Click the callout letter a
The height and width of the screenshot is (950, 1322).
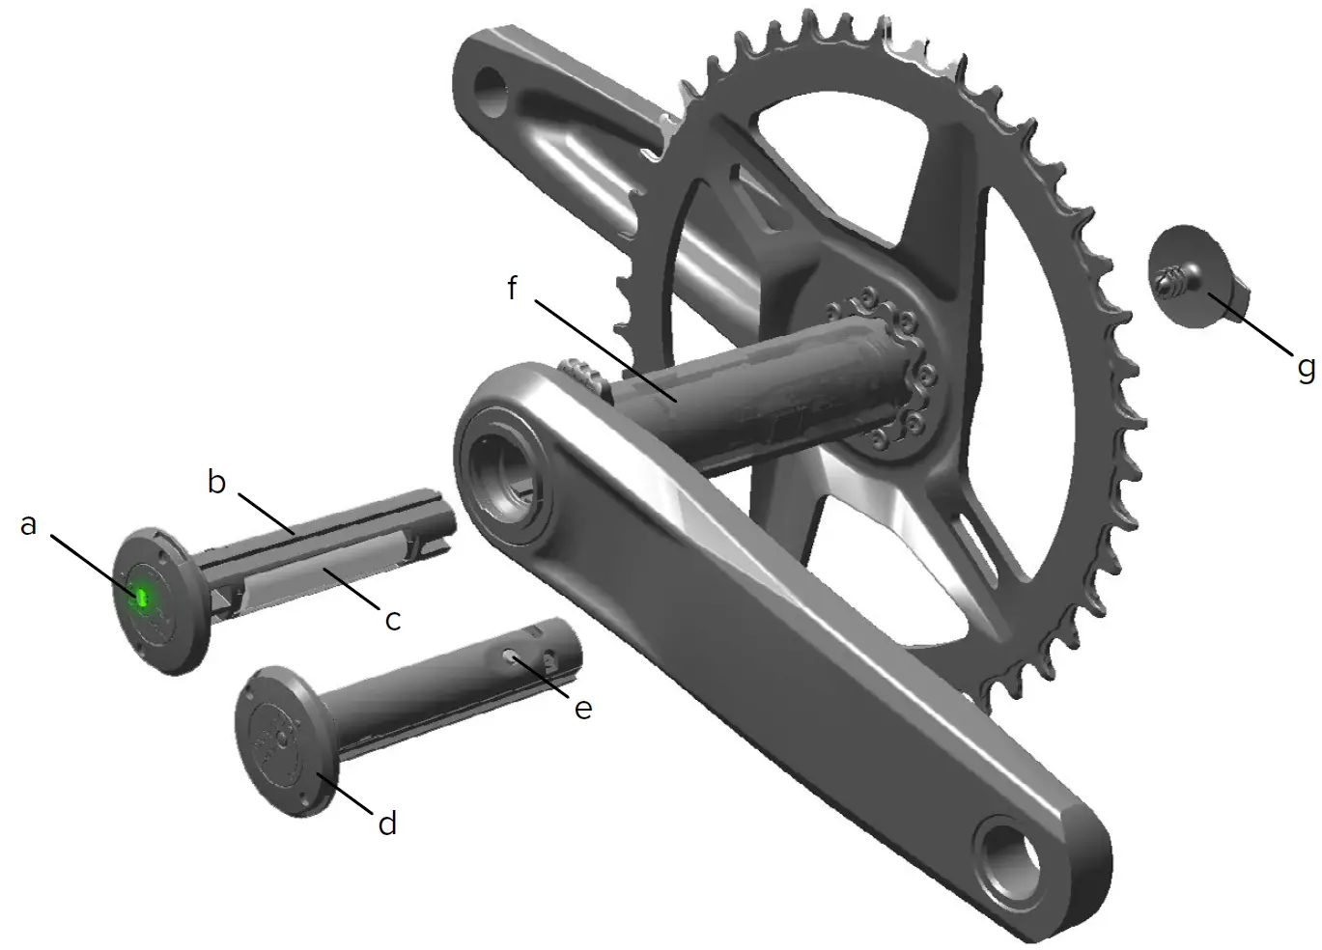point(29,524)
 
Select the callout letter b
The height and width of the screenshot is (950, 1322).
point(217,480)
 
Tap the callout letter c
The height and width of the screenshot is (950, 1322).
point(392,619)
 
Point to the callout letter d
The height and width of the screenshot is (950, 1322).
point(386,823)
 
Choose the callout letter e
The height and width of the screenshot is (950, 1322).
point(582,708)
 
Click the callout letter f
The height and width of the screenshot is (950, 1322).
point(513,288)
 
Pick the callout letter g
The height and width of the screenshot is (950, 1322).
point(1306,367)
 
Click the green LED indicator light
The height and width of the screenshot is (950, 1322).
point(141,599)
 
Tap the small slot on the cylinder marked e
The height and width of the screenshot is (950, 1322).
point(509,655)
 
